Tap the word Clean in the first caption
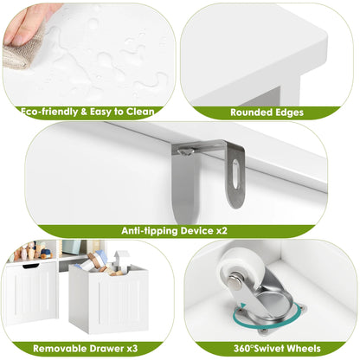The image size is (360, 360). click(x=140, y=112)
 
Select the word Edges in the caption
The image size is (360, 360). click(x=289, y=112)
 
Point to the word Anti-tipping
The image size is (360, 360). click(x=150, y=231)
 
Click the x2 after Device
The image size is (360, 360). click(x=222, y=231)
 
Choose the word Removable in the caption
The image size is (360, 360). click(x=59, y=349)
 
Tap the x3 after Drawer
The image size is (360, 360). click(x=132, y=349)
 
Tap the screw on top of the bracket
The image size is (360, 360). click(x=184, y=151)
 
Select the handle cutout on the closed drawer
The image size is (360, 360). click(x=30, y=266)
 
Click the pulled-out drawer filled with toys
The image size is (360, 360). click(x=108, y=298)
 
